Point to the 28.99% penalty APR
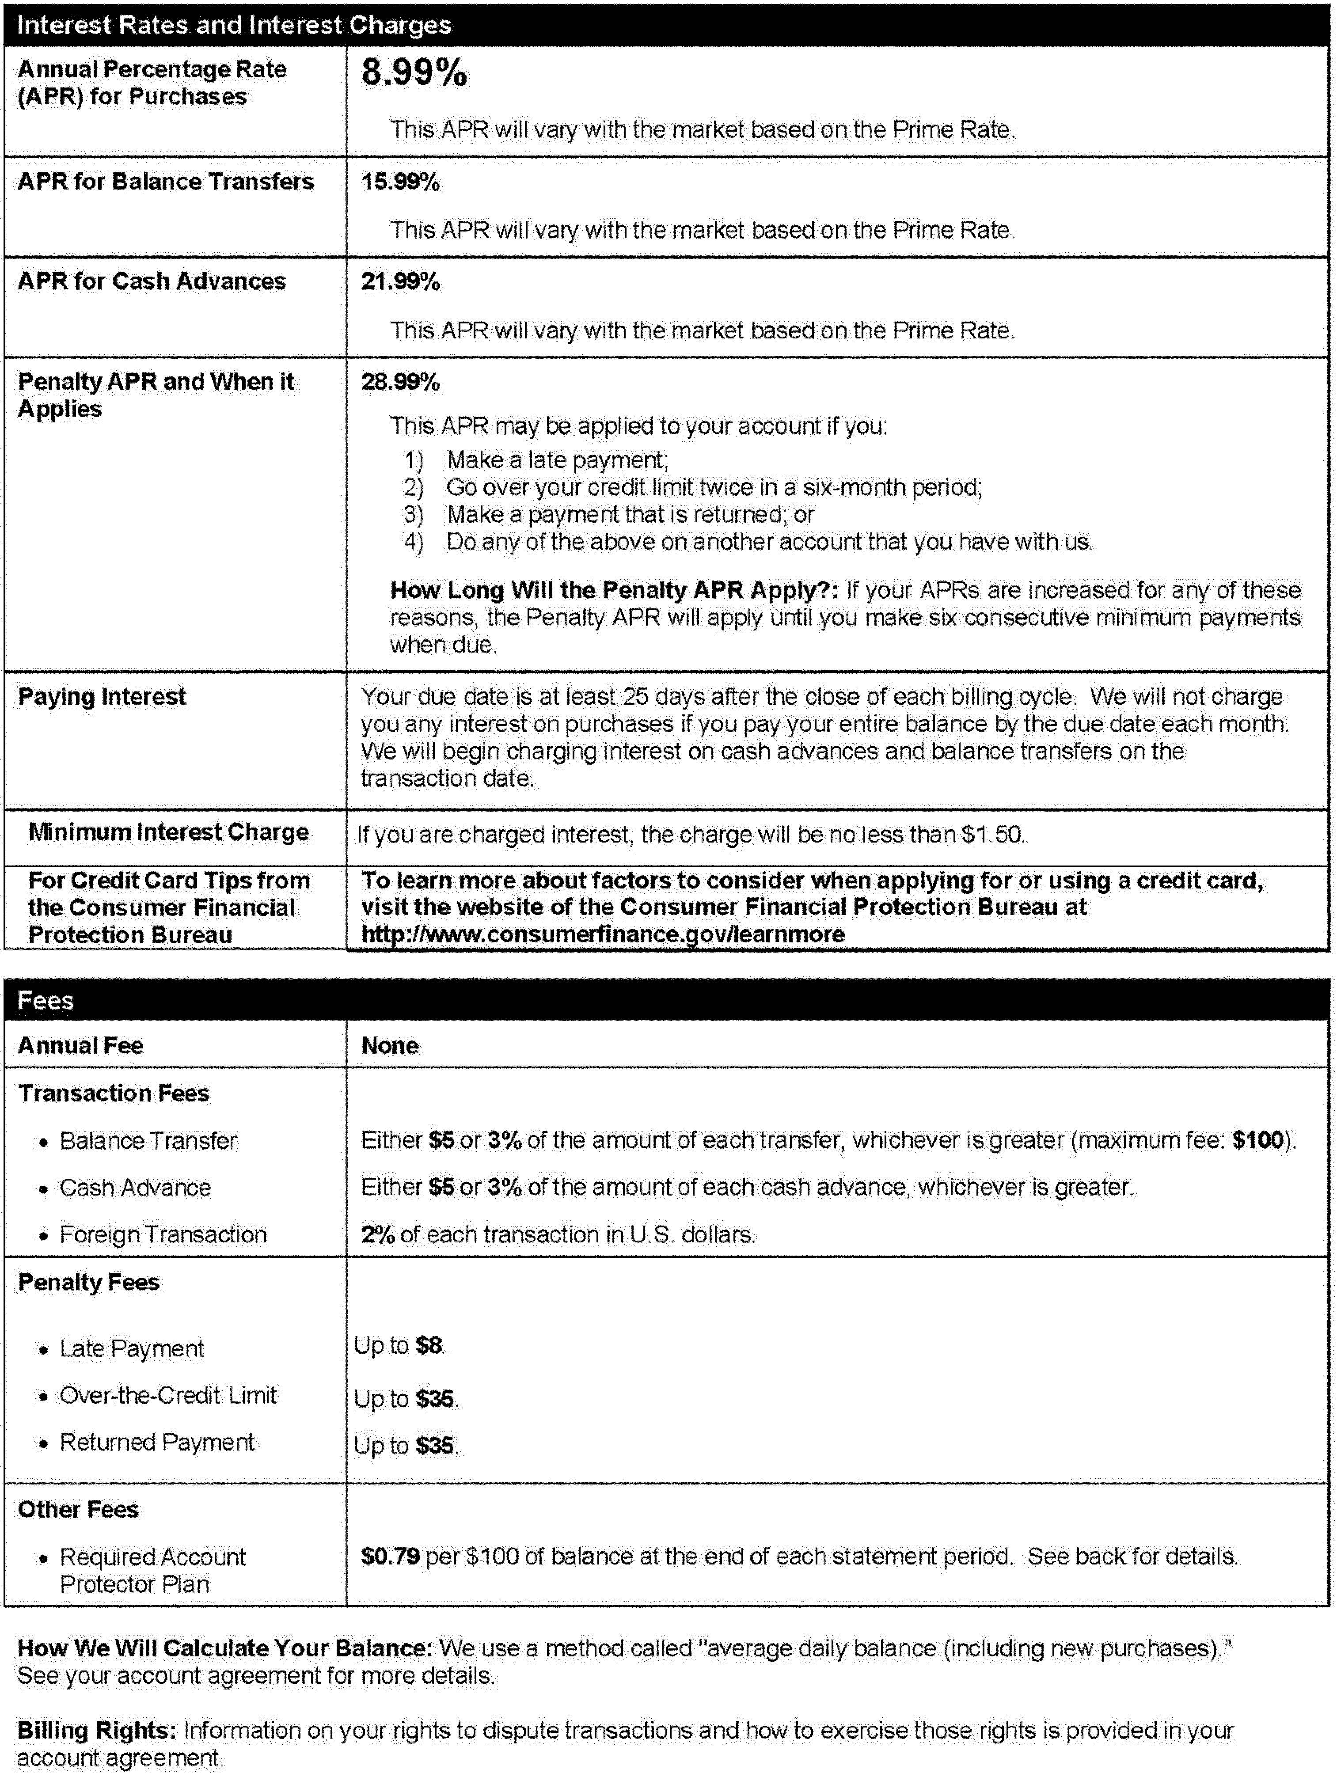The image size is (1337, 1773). pyautogui.click(x=400, y=382)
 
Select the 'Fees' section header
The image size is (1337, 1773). pyautogui.click(x=46, y=1000)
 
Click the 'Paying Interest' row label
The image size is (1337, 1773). pyautogui.click(x=102, y=697)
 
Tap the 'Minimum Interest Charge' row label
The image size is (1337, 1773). pyautogui.click(x=168, y=832)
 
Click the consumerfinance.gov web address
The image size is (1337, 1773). pyautogui.click(x=603, y=934)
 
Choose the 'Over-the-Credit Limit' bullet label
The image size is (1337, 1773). pyautogui.click(x=167, y=1396)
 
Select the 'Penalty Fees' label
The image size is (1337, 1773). pyautogui.click(x=89, y=1283)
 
